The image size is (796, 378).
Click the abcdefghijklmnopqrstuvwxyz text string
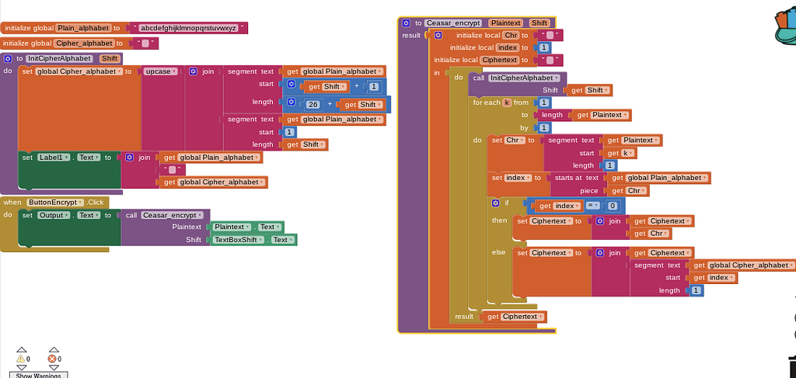point(188,28)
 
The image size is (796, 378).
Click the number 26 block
point(313,105)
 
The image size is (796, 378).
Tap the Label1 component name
point(53,158)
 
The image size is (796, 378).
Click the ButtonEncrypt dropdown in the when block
point(55,202)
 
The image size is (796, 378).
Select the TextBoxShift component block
point(253,240)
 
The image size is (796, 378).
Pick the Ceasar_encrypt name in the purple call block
point(172,215)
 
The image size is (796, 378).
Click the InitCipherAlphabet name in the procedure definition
point(59,59)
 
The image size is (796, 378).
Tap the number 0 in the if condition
point(613,206)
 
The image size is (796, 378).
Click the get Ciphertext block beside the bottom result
point(514,317)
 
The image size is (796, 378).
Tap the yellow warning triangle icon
point(21,359)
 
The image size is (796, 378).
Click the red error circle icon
point(52,359)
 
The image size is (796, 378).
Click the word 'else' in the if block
point(498,251)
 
